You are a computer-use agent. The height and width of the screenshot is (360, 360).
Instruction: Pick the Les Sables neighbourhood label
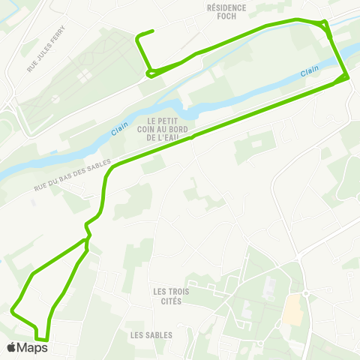click(151, 335)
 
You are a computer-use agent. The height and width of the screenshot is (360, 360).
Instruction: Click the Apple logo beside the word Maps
click(11, 347)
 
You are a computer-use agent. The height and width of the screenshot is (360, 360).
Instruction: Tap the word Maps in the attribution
click(32, 347)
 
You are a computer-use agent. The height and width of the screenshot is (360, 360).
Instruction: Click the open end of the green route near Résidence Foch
click(153, 31)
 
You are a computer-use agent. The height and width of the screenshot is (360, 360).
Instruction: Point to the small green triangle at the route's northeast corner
click(325, 24)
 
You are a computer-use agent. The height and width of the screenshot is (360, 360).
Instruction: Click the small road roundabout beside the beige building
click(306, 293)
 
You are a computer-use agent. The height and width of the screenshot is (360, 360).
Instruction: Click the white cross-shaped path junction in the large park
click(82, 76)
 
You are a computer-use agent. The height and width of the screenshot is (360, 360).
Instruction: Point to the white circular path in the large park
click(82, 76)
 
